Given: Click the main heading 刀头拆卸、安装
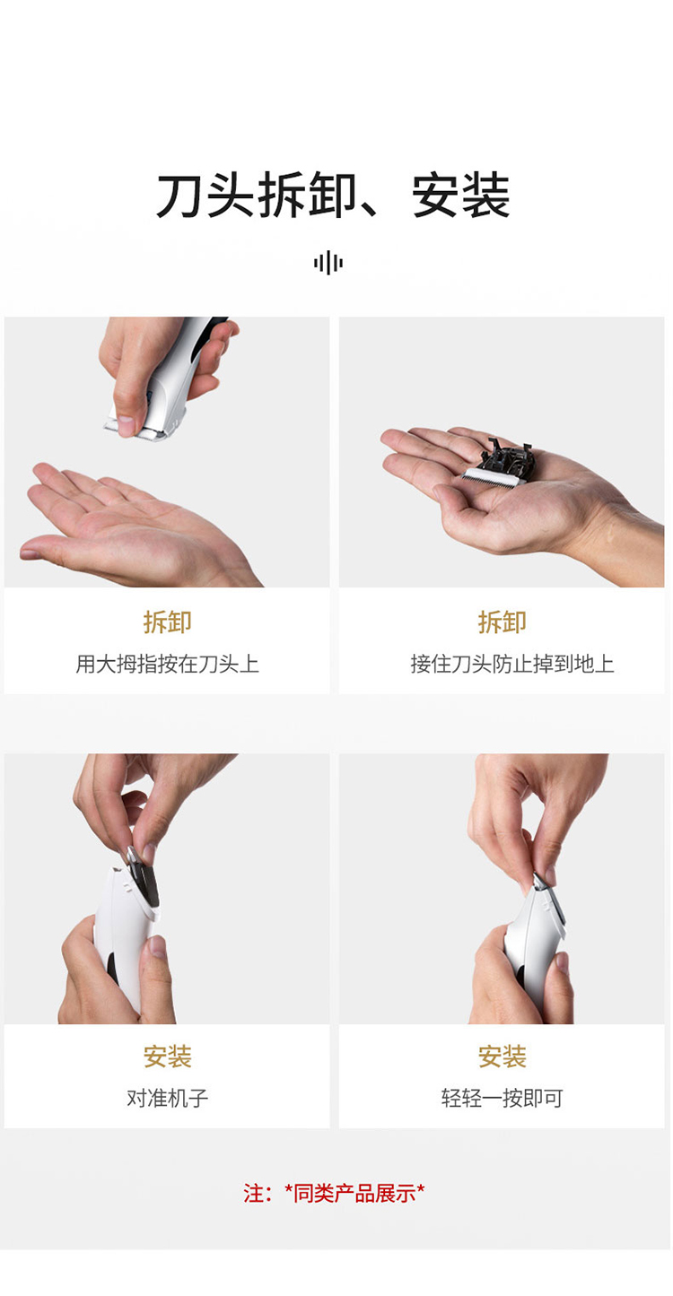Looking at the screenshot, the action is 333,195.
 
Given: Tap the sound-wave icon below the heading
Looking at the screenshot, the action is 328,263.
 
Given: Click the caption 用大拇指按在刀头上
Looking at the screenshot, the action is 167,664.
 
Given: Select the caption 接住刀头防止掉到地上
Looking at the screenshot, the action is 512,664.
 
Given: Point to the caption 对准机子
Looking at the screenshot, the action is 167,1098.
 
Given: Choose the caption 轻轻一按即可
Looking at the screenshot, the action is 503,1098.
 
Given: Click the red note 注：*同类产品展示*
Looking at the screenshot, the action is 334,1193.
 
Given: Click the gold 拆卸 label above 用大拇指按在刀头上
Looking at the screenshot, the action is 167,622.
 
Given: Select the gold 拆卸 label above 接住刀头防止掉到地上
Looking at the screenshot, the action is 503,622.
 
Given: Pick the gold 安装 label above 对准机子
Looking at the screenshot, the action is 167,1057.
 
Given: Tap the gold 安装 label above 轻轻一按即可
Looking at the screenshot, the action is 503,1057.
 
